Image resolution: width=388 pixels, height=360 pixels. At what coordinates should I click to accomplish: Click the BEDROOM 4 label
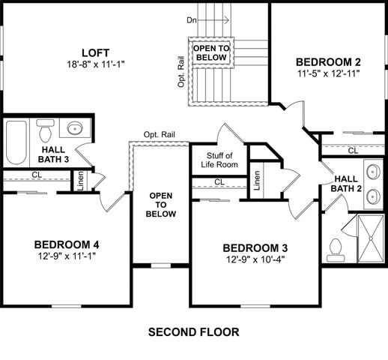(x=67, y=244)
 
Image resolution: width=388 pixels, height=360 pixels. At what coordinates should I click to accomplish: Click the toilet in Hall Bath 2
(x=336, y=247)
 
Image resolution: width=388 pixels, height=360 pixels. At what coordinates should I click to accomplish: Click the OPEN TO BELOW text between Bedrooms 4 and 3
(x=162, y=205)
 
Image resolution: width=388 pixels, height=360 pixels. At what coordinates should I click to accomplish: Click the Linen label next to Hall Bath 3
(x=80, y=182)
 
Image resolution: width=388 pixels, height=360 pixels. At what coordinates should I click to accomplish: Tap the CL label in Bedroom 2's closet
(x=352, y=150)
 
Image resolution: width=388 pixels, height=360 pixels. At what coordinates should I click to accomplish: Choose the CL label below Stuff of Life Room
(x=219, y=181)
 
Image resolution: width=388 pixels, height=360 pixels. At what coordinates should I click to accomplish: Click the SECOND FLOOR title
(x=194, y=331)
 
